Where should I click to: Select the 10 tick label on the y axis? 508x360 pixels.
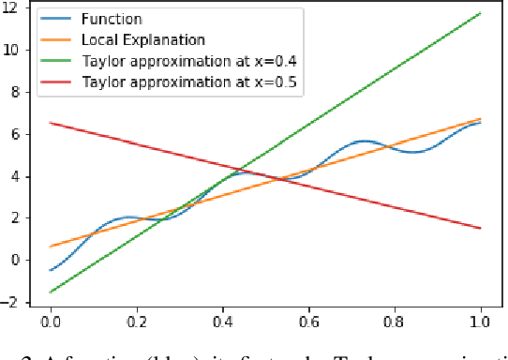click(x=12, y=51)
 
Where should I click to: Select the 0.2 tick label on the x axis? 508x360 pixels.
click(x=138, y=322)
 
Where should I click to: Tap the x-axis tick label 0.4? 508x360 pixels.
click(x=223, y=322)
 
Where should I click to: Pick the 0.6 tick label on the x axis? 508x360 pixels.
click(x=309, y=322)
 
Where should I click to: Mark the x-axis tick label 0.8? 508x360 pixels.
click(x=395, y=322)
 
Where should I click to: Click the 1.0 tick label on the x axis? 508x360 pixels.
click(x=480, y=322)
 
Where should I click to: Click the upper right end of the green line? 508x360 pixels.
click(x=480, y=13)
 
